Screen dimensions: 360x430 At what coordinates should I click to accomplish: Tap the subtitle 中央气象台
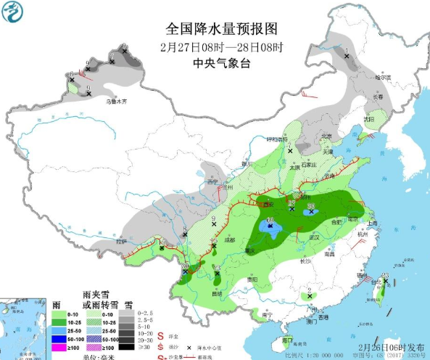tap(222, 63)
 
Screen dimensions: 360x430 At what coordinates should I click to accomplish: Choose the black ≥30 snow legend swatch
tap(127, 346)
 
